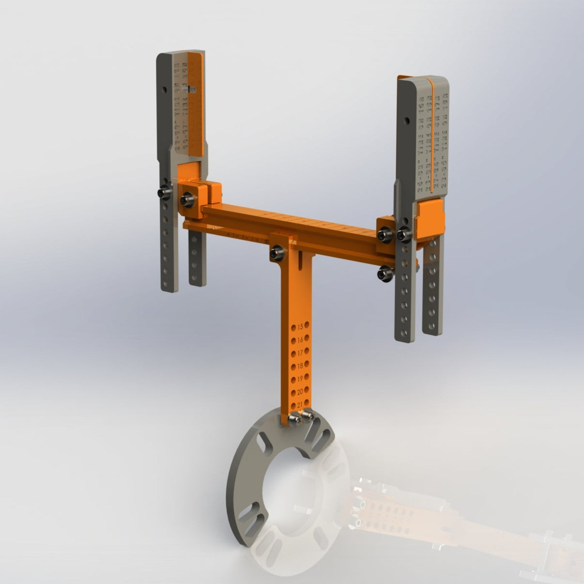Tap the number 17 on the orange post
tap(300, 352)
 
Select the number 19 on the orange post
tap(300, 378)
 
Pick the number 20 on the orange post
tap(300, 391)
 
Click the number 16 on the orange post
tap(301, 339)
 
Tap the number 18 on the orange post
tap(300, 365)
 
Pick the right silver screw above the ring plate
tap(307, 415)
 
